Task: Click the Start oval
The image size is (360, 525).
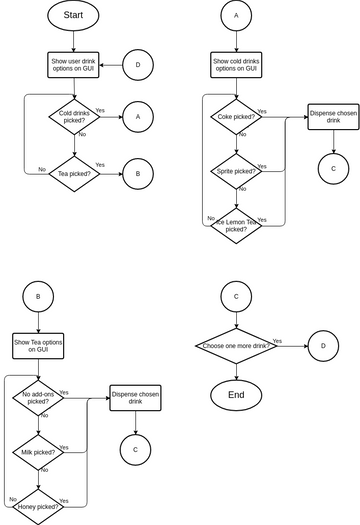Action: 73,16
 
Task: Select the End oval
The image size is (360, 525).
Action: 236,395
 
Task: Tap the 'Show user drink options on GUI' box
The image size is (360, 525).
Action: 73,65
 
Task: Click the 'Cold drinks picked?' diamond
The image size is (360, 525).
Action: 73,116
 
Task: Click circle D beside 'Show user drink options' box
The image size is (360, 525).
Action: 138,65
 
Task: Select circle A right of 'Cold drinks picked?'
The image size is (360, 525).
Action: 138,116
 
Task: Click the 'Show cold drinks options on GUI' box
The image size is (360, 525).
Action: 236,65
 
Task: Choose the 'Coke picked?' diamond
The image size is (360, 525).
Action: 236,117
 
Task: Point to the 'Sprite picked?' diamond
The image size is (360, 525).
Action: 236,172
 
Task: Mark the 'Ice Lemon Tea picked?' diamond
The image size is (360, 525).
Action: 236,224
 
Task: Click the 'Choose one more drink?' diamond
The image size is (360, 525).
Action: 236,345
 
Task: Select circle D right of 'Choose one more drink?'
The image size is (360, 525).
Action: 323,345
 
